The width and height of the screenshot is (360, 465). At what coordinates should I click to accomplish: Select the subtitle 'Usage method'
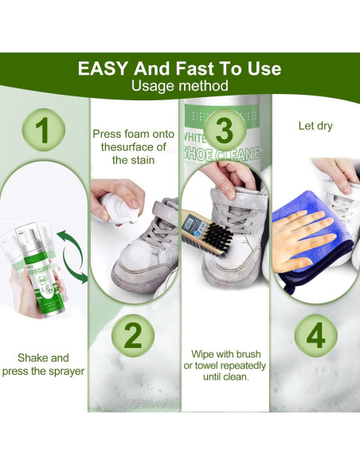(x=180, y=86)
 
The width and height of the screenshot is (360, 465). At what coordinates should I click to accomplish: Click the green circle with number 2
(x=133, y=336)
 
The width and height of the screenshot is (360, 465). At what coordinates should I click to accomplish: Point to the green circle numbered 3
(x=225, y=128)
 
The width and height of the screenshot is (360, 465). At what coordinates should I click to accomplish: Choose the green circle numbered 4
(x=316, y=336)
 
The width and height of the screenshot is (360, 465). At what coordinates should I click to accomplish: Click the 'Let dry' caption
(x=315, y=126)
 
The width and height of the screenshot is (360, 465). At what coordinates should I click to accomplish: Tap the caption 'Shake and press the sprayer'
(x=43, y=365)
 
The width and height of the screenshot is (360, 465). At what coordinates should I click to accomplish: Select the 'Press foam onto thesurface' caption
(x=133, y=147)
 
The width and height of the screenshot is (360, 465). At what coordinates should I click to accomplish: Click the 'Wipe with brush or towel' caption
(x=225, y=365)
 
